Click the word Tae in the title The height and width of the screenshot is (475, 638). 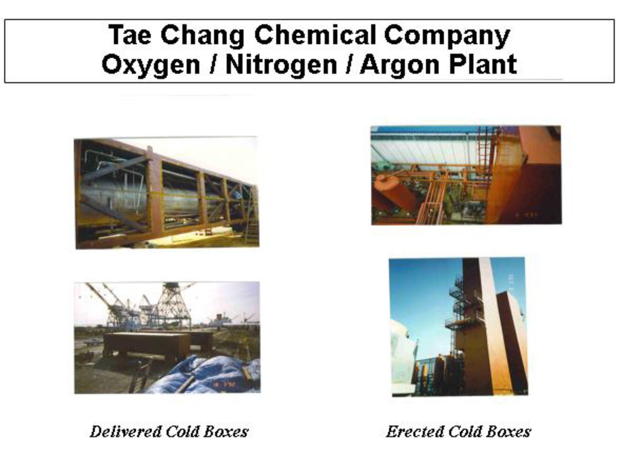(130, 35)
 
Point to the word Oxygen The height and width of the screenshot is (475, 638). (151, 65)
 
